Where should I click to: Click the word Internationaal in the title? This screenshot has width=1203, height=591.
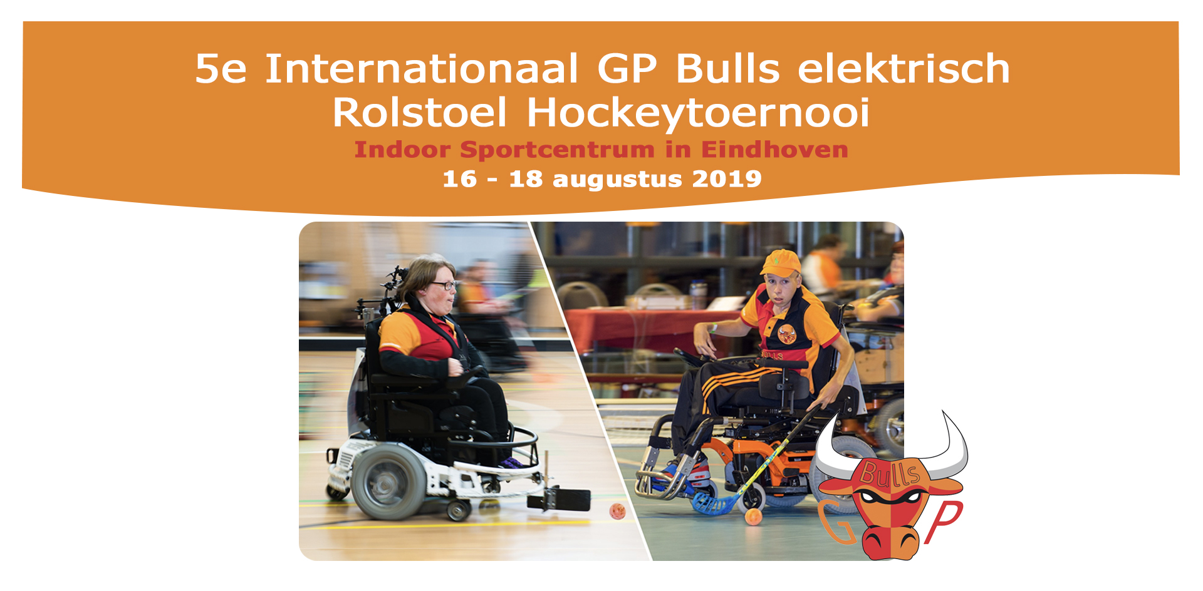(x=421, y=68)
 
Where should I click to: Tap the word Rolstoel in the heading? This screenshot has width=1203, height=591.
(x=419, y=113)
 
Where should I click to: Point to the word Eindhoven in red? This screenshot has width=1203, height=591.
(x=774, y=150)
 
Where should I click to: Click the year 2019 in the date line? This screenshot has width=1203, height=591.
(x=727, y=179)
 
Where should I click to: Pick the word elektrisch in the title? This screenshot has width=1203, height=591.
(x=904, y=68)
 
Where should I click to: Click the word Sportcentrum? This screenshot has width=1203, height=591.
(x=558, y=150)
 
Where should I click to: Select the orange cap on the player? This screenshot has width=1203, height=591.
(x=781, y=262)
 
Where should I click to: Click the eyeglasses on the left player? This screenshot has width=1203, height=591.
(x=444, y=285)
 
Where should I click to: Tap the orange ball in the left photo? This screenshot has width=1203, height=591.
(x=617, y=511)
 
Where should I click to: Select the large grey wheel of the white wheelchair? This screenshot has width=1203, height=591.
(x=388, y=482)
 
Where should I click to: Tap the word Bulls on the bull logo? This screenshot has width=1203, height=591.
(x=890, y=473)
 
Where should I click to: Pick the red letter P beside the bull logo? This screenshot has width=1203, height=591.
(x=943, y=521)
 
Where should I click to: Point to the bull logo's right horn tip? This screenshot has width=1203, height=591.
(x=943, y=412)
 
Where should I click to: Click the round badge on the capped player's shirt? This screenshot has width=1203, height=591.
(x=787, y=334)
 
